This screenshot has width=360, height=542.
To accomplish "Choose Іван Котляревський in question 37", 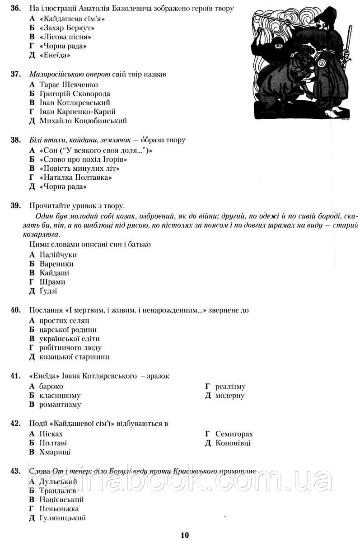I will pyautogui.click(x=75, y=103).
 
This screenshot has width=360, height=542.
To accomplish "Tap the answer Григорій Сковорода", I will pyautogui.click(x=75, y=93).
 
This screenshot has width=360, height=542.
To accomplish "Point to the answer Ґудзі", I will pyautogui.click(x=48, y=291).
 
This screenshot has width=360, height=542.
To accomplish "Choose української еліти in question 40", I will pyautogui.click(x=70, y=338).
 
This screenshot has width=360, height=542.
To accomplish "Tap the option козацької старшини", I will pyautogui.click(x=74, y=356).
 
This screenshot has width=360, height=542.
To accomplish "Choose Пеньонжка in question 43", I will pyautogui.click(x=59, y=509).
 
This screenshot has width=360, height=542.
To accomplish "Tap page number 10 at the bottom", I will pyautogui.click(x=184, y=535).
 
